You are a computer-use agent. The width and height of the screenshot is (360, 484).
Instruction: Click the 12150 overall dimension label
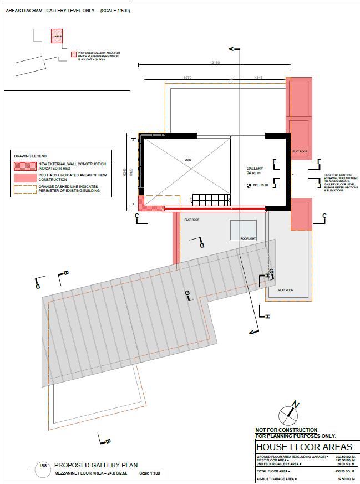(x=215, y=63)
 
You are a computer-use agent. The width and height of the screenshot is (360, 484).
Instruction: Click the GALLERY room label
(x=255, y=167)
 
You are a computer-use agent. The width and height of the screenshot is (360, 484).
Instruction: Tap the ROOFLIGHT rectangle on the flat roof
(x=244, y=230)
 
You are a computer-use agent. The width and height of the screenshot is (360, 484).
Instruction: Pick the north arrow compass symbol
(x=288, y=413)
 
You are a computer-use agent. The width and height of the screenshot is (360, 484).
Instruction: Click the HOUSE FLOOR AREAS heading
(x=304, y=447)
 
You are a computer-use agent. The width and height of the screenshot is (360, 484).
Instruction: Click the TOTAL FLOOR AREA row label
(x=273, y=471)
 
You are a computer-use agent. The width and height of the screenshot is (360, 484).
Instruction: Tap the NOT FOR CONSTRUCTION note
(x=286, y=430)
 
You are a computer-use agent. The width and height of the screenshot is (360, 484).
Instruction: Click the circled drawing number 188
(x=42, y=466)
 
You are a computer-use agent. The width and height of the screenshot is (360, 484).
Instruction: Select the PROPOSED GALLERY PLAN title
(x=95, y=465)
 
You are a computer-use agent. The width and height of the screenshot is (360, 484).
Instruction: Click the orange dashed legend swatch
(x=25, y=189)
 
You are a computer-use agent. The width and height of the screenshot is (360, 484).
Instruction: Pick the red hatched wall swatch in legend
(x=25, y=165)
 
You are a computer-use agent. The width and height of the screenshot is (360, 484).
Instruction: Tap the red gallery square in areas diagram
(x=57, y=37)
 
